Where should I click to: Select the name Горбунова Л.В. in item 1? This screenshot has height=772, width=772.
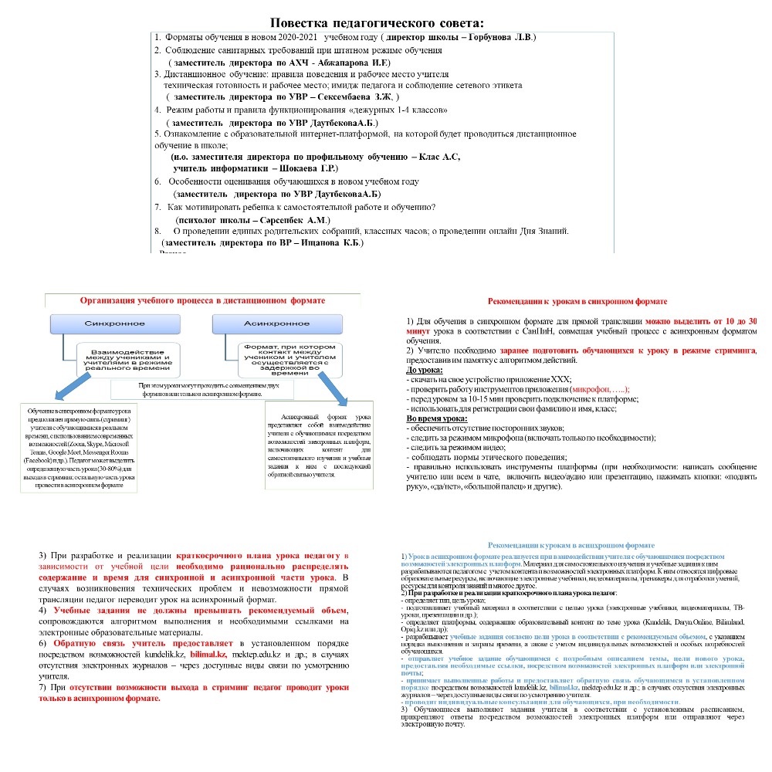coord(503,37)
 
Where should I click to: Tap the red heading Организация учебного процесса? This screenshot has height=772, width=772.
coord(202,300)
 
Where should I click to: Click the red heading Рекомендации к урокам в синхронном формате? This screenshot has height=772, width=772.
coord(577,302)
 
